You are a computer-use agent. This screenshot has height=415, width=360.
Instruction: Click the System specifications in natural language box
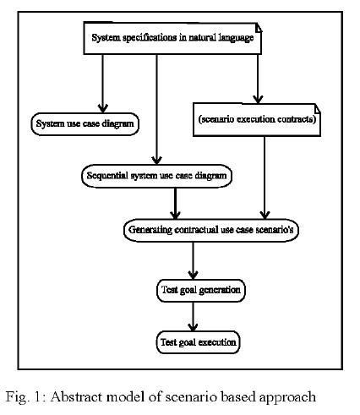(x=172, y=38)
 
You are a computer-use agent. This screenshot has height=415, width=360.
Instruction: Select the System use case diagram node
(x=85, y=124)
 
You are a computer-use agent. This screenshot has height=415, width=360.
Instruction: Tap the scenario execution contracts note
(x=257, y=120)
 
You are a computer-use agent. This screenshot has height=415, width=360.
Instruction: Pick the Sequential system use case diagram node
(x=156, y=176)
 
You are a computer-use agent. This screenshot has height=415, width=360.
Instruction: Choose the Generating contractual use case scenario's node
(x=211, y=230)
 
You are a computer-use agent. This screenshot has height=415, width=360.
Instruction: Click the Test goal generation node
(x=201, y=290)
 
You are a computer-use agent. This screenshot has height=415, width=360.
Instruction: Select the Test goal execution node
(x=199, y=342)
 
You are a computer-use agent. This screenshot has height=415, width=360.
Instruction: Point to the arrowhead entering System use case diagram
(x=102, y=108)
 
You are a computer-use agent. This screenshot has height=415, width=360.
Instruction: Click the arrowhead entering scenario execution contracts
(x=258, y=100)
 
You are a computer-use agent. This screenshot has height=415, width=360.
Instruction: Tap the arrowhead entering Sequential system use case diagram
(x=156, y=161)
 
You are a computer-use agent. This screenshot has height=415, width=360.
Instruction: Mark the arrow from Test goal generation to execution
(x=193, y=317)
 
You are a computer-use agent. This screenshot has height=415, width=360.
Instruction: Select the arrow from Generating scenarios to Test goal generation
(x=193, y=260)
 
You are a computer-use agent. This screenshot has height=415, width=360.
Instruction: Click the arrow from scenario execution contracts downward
(x=265, y=177)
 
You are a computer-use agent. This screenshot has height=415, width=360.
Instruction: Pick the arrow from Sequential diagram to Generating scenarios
(x=175, y=203)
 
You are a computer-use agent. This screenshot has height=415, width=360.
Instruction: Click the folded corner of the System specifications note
(x=259, y=28)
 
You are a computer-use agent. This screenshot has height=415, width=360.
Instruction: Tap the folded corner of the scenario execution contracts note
(x=317, y=108)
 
